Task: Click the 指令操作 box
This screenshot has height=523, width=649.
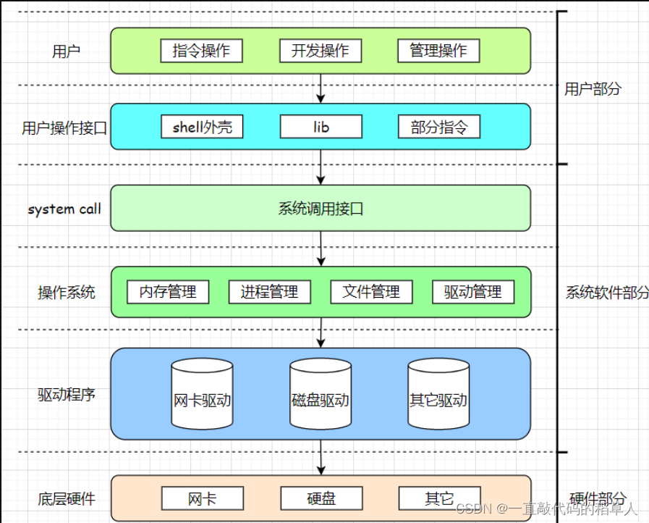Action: tap(201, 51)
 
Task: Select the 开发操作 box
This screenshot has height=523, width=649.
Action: tap(320, 51)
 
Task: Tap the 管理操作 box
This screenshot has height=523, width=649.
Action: tap(438, 51)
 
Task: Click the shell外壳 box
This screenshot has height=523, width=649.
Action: tap(202, 127)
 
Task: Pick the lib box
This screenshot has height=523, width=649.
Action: tap(321, 127)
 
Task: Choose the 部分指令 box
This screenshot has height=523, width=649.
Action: tap(439, 127)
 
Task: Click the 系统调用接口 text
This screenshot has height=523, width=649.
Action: tap(321, 209)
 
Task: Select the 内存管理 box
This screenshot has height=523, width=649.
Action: tap(168, 292)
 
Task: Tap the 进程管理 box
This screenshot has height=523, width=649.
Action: tap(269, 292)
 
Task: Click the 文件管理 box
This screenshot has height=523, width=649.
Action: tap(371, 292)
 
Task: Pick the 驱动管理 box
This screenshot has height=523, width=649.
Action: tap(473, 292)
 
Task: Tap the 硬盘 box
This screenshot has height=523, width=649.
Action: tap(321, 498)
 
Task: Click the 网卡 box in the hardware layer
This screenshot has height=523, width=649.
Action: tap(202, 498)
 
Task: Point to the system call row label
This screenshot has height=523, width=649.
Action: tap(64, 209)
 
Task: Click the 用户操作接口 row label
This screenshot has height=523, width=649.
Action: tap(64, 128)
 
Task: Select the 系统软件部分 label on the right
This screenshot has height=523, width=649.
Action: tap(606, 293)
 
